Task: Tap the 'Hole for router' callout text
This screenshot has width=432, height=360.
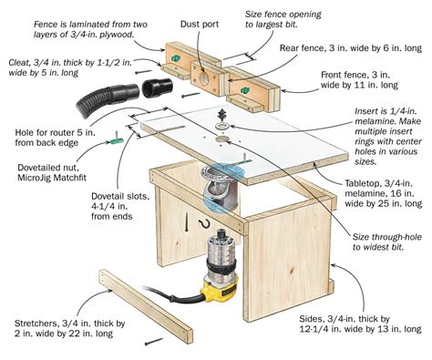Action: click(x=54, y=140)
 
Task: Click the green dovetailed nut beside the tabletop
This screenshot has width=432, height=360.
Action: click(x=120, y=140)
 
